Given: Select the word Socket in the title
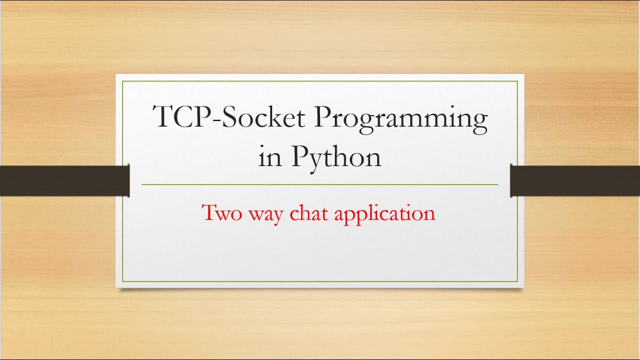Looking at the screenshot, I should click(262, 117).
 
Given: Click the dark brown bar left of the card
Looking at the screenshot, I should click(64, 180).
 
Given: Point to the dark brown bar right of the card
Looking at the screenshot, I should click(575, 180).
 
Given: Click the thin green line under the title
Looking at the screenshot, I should click(320, 184).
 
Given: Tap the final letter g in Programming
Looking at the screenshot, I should click(479, 123).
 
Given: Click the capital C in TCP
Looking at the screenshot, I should click(184, 117).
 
